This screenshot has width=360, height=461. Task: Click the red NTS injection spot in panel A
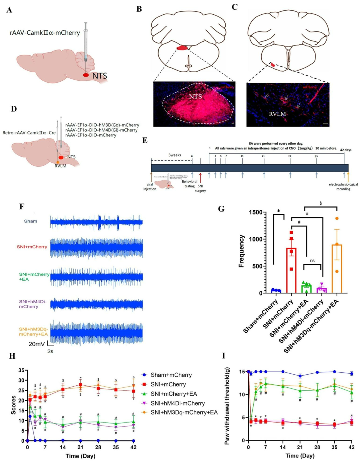(86, 75)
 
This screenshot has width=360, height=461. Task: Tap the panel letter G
(221, 209)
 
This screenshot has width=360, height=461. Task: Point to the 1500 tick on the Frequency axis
(256, 212)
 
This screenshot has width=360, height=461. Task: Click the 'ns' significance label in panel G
(312, 261)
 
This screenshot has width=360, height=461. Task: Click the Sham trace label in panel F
(30, 221)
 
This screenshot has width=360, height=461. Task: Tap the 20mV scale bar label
(36, 344)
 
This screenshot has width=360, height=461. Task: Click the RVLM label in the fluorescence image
(277, 114)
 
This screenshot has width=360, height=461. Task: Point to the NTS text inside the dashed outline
(195, 96)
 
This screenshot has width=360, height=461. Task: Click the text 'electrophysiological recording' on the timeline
(343, 187)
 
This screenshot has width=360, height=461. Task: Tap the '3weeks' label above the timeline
(175, 155)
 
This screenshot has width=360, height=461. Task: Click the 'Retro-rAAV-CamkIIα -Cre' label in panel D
(29, 133)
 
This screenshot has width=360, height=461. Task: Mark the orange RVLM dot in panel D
(58, 162)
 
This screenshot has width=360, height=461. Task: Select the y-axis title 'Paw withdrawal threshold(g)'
(227, 406)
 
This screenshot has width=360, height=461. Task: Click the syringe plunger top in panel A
(86, 23)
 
